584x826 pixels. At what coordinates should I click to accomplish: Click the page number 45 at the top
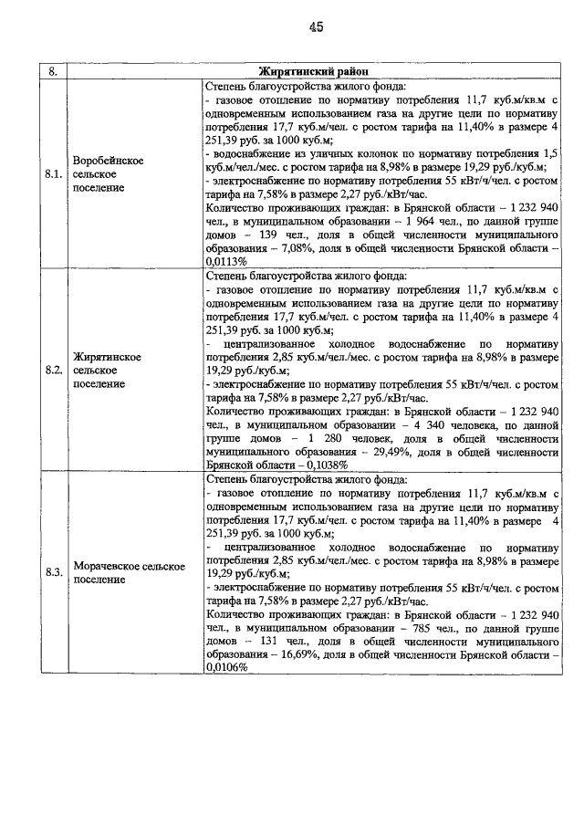[x=316, y=27]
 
